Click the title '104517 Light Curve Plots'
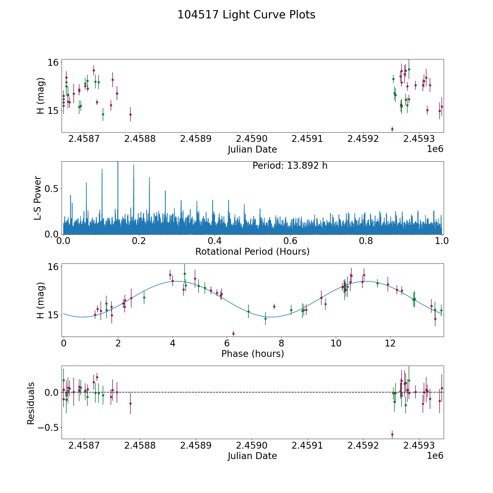pyautogui.click(x=246, y=15)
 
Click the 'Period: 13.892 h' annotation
pyautogui.click(x=290, y=166)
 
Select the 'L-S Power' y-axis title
pyautogui.click(x=38, y=198)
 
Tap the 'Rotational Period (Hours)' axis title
pyautogui.click(x=252, y=251)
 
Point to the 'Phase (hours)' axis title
pyautogui.click(x=253, y=354)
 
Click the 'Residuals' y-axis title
pyautogui.click(x=31, y=403)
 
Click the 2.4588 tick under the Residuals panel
pyautogui.click(x=140, y=445)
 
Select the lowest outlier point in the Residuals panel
pyautogui.click(x=392, y=434)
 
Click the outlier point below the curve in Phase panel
pyautogui.click(x=233, y=334)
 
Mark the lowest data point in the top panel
pyautogui.click(x=392, y=129)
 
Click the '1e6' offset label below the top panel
pyautogui.click(x=435, y=149)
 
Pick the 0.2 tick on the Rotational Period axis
pyautogui.click(x=139, y=241)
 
